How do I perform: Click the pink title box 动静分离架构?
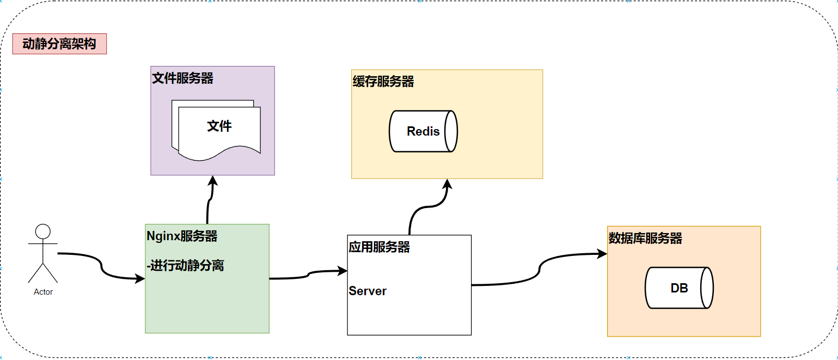pos(59,44)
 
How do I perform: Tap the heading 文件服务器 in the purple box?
pos(182,78)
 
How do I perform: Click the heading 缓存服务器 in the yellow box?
pos(383,81)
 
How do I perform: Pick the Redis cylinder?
pos(423,131)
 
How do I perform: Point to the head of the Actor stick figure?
pos(42,231)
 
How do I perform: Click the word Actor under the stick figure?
pos(43,292)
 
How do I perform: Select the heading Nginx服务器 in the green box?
pos(182,236)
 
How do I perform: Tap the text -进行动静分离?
pos(185,266)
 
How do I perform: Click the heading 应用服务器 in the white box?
pos(379,247)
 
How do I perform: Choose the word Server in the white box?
pos(368,291)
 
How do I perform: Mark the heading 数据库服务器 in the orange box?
pos(645,238)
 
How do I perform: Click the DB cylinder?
pos(679,288)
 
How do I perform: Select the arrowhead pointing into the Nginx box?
pos(140,279)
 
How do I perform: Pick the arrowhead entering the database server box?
pos(602,254)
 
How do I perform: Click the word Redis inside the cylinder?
pos(423,131)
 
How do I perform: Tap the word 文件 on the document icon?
pos(219,126)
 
